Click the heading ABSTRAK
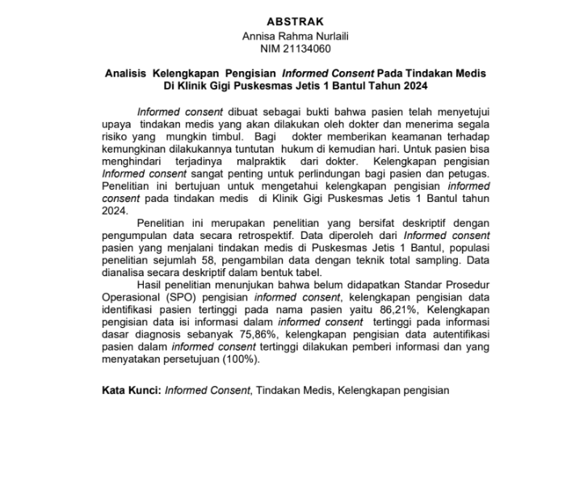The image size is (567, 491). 295,22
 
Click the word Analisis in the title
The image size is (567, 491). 128,73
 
